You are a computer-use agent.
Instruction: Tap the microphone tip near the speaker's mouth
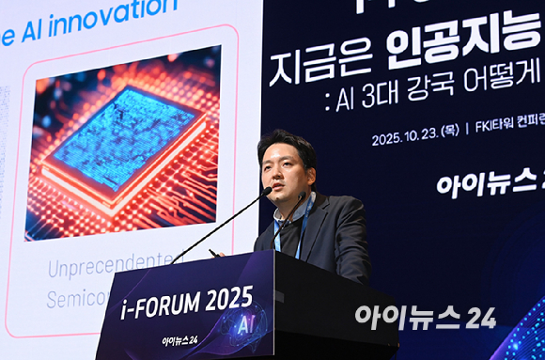click(x=267, y=191)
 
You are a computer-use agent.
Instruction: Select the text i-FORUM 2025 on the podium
click(x=187, y=301)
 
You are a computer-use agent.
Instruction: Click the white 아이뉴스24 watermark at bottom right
click(x=425, y=317)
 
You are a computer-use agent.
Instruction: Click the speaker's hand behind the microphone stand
click(x=218, y=253)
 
